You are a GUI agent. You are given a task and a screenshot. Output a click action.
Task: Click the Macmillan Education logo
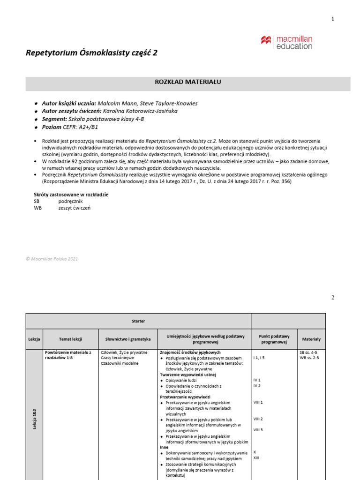click(286, 42)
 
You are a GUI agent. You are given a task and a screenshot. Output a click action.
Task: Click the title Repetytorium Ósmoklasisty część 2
click(91, 53)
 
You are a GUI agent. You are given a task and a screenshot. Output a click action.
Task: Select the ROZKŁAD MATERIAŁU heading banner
click(187, 82)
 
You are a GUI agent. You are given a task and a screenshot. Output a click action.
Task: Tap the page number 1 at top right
click(333, 19)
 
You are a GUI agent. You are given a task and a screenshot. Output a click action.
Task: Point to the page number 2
click(333, 297)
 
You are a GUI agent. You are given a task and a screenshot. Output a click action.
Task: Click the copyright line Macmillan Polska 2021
click(52, 258)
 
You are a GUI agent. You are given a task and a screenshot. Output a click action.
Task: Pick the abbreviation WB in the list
click(38, 208)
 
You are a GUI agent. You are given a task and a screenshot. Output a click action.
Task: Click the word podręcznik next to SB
click(71, 201)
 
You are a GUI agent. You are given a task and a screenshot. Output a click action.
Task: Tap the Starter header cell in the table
click(138, 321)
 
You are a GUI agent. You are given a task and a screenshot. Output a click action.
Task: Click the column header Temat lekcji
click(71, 339)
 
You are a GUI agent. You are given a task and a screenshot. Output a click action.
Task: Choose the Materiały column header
click(311, 339)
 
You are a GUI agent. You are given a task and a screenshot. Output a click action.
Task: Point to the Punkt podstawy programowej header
click(274, 339)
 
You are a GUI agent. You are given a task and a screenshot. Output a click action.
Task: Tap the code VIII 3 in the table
click(258, 430)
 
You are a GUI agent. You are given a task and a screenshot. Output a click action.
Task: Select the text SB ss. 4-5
click(309, 352)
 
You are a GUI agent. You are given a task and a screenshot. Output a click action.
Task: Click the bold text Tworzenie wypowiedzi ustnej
click(185, 375)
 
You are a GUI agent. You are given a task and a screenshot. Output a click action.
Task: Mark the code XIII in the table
click(256, 458)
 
